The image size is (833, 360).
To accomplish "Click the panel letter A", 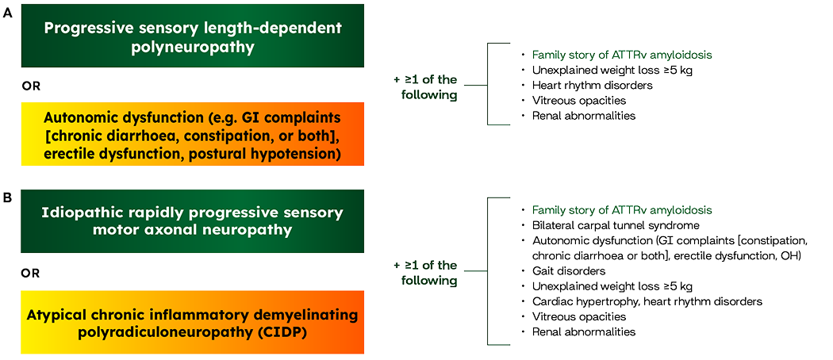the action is tap(7, 13).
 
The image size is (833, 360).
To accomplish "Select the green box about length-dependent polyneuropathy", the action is tap(192, 36).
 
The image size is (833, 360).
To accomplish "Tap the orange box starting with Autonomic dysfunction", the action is tap(192, 134).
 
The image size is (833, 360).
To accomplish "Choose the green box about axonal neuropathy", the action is tap(192, 221).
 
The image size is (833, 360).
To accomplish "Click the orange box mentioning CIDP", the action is tap(192, 322).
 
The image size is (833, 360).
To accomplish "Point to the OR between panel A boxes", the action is tap(29, 85).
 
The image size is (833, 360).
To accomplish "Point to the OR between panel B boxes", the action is tap(29, 274).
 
